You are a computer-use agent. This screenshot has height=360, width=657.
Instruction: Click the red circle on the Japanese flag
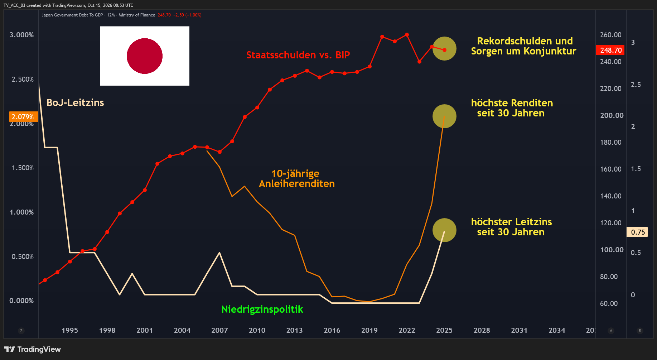coord(145,56)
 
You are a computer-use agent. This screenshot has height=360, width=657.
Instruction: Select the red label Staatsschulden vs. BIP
coord(298,55)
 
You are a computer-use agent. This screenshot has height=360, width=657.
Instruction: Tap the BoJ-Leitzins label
coord(75,102)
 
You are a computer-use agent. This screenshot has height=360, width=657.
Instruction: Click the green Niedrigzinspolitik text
coord(262,309)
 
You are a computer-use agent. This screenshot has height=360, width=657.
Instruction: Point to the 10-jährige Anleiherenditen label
coord(297,178)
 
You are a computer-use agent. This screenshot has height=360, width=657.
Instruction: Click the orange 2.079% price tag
coord(23,117)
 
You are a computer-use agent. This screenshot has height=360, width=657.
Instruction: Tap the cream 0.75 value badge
coord(637,232)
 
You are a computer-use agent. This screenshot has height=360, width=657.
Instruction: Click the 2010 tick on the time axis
coord(257,330)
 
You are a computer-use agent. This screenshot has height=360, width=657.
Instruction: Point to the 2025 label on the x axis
coord(444,330)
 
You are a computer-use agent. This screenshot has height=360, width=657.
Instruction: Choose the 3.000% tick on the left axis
coord(21,35)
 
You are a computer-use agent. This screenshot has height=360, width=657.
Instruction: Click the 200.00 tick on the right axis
coord(612,115)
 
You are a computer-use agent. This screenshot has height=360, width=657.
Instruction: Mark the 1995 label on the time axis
coord(70,330)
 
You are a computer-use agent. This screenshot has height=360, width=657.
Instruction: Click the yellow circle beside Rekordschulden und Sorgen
coord(444,48)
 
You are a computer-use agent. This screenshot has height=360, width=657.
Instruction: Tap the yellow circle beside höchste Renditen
coord(444,116)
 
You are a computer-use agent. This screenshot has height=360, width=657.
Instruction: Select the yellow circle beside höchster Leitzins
coord(444,230)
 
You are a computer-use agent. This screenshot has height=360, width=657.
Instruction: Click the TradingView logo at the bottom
coord(33,349)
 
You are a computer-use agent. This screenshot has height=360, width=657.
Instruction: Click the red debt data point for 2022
coord(407,35)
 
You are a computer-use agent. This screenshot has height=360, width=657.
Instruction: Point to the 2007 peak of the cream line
coord(219,253)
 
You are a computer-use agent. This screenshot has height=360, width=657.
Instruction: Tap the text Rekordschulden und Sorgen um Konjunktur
coord(524,46)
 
